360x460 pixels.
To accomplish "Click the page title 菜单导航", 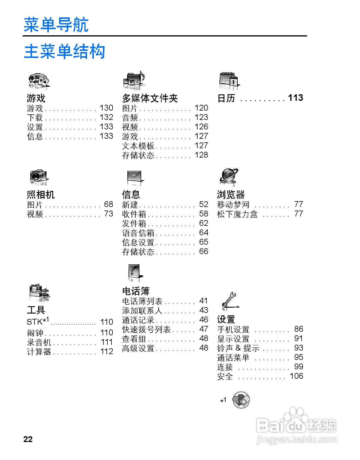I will pos(56,25).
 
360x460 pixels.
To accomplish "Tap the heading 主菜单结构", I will pos(64,51).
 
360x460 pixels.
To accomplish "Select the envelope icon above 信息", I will pos(134,178).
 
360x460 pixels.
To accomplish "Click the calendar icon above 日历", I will pos(229,80).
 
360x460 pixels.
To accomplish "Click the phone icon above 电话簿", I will pos(134,272).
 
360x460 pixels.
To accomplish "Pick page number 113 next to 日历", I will pos(295,98).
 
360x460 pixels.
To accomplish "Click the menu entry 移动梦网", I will pos(233,205).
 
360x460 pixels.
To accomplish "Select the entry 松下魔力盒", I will pos(237,214).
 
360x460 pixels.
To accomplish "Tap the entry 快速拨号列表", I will pos(146,329).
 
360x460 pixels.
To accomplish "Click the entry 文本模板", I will pos(138,146).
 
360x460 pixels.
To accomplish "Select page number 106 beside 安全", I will pos(296,376).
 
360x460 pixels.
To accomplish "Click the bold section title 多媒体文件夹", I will pos(150,98).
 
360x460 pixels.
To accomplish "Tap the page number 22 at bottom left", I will pos(28,439).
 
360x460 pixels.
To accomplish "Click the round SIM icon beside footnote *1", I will pos(241,400).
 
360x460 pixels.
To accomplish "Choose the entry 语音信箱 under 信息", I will pos(138,233).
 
